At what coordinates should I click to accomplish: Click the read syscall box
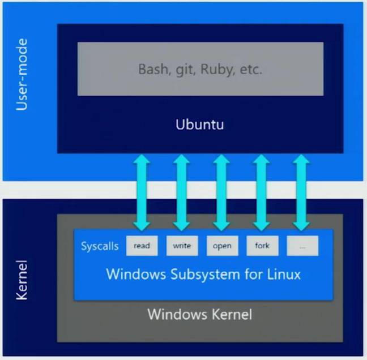[142, 246]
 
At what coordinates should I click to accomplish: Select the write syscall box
[182, 246]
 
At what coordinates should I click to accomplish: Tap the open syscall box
[222, 246]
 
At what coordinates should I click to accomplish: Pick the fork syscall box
[262, 246]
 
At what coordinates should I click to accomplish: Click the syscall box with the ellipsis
[302, 246]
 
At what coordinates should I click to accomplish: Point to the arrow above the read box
[142, 192]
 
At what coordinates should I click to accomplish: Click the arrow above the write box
[181, 192]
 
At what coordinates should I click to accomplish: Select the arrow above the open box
[221, 192]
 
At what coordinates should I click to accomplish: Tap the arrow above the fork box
[261, 192]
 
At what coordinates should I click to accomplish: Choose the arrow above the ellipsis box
[301, 192]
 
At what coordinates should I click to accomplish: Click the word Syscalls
[100, 246]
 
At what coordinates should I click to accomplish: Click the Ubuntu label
[200, 124]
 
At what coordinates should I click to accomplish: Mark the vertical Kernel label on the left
[22, 279]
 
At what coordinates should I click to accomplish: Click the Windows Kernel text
[200, 314]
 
